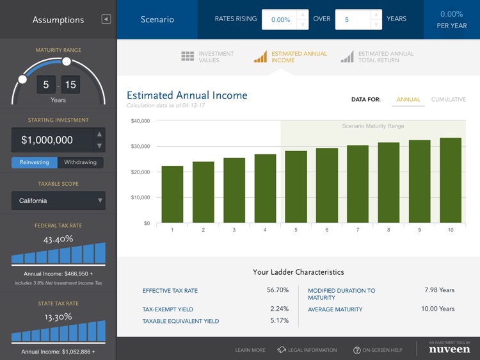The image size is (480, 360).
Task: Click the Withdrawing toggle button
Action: tap(81, 162)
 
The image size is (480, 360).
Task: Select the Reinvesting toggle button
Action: tap(35, 162)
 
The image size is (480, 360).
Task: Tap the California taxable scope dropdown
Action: tap(58, 200)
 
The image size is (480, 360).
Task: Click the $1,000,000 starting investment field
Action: tap(51, 140)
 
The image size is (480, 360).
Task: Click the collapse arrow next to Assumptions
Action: tap(106, 19)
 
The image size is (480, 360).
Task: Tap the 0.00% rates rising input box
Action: tap(280, 19)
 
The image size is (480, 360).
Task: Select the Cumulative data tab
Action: tap(448, 99)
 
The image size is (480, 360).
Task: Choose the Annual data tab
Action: tap(408, 99)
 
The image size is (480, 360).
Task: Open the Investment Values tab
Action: tap(207, 57)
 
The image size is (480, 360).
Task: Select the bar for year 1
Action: tap(172, 194)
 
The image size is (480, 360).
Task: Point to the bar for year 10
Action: tap(451, 180)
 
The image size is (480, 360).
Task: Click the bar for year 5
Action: tap(296, 186)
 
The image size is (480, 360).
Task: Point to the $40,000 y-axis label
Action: tap(140, 121)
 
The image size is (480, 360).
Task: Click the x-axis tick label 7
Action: tap(358, 230)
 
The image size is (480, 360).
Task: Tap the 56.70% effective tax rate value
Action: tap(277, 290)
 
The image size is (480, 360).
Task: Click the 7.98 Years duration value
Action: tap(439, 290)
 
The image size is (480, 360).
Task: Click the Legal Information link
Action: tap(307, 350)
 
